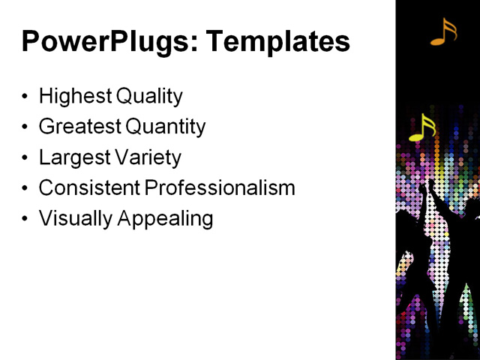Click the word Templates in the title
[x=278, y=42]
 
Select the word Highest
[x=70, y=97]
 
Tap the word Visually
[x=70, y=219]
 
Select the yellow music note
[x=422, y=127]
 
